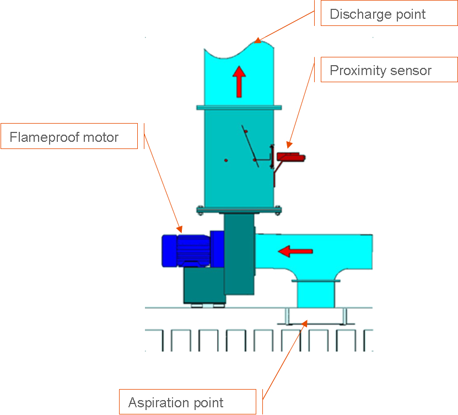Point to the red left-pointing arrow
[295, 251]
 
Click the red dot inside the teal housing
[226, 161]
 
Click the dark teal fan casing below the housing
[238, 254]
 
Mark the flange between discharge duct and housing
[239, 106]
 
